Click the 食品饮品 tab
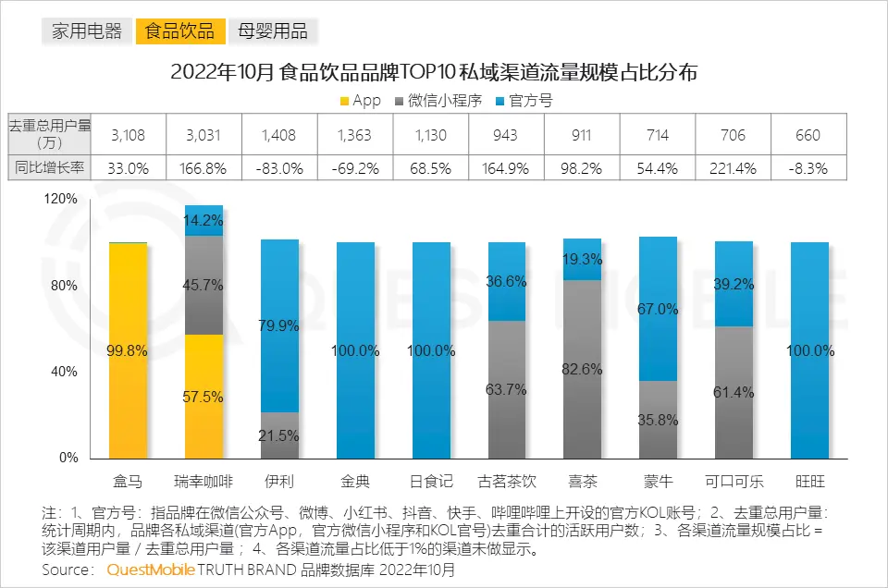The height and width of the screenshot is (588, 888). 181,31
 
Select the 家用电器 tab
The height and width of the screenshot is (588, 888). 87,31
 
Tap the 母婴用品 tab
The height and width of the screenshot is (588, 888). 273,31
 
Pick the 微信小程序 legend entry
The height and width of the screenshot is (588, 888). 443,100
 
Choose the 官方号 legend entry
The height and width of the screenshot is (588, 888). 524,100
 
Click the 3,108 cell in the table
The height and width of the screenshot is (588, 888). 128,135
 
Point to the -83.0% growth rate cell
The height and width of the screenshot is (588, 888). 278,169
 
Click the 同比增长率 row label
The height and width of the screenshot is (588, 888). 48,169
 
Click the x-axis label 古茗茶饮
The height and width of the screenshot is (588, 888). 506,482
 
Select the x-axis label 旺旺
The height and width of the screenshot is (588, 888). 809,482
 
